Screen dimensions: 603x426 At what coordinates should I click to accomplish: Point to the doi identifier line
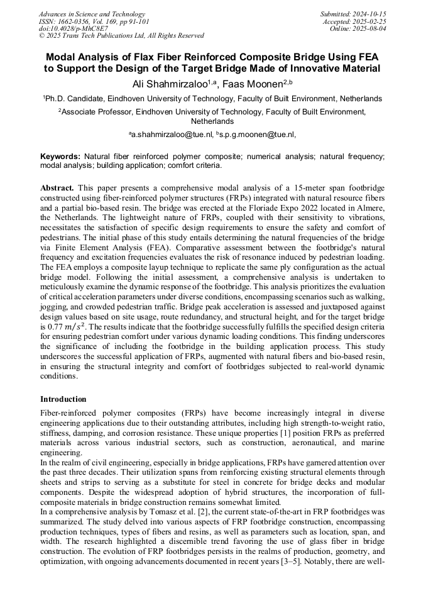point(73,28)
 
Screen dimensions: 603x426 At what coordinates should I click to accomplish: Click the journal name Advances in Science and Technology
point(92,14)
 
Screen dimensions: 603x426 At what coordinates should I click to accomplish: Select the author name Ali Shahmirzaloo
point(169,84)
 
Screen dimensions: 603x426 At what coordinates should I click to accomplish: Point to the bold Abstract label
point(57,188)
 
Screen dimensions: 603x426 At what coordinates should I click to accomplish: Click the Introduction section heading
point(63,399)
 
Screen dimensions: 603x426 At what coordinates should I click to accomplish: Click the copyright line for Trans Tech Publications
point(121,36)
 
